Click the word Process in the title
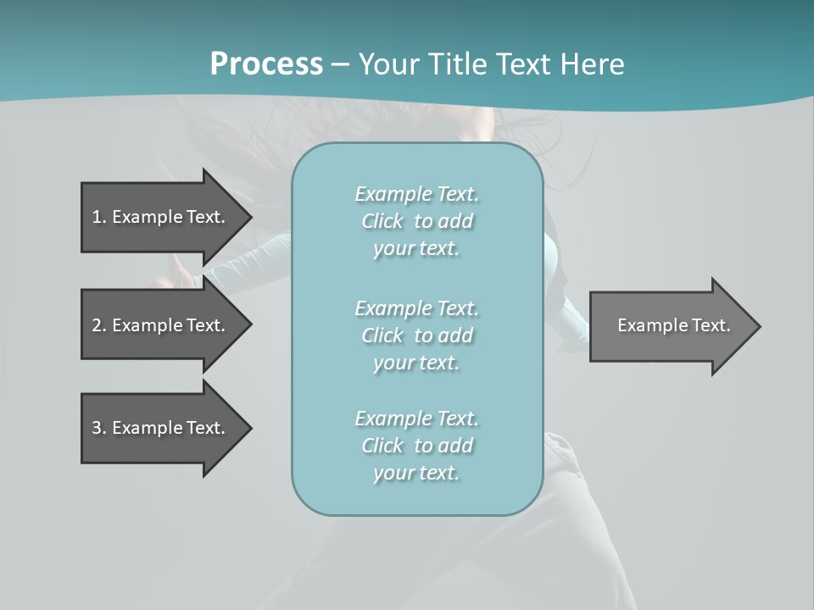266,64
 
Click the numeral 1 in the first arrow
97,217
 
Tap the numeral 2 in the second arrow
97,325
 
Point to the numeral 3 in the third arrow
97,428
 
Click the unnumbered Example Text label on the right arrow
673,325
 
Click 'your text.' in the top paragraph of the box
416,249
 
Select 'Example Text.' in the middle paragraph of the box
416,308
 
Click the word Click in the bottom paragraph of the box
382,446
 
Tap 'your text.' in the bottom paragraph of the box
416,474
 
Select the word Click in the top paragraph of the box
382,222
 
